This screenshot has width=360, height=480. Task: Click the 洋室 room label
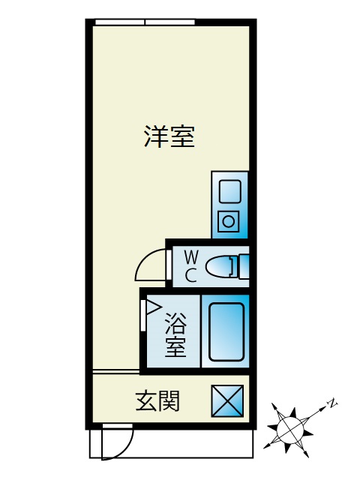point(169,136)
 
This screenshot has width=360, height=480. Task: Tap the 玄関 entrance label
point(157,400)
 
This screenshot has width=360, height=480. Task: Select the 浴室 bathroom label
point(175,335)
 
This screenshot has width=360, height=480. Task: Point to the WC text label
point(191,266)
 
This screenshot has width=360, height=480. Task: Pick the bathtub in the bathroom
point(226,331)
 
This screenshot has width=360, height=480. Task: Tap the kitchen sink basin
point(230,192)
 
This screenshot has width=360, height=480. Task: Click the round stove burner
point(228,221)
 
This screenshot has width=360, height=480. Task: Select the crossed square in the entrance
point(227,401)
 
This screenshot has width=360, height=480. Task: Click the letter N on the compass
point(332,403)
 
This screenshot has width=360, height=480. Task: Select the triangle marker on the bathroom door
point(153,307)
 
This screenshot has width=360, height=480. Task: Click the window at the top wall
point(145,22)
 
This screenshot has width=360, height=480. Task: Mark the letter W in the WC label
point(191,256)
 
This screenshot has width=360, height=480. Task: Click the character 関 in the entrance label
point(169,400)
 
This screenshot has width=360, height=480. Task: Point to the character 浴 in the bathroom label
point(175,323)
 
